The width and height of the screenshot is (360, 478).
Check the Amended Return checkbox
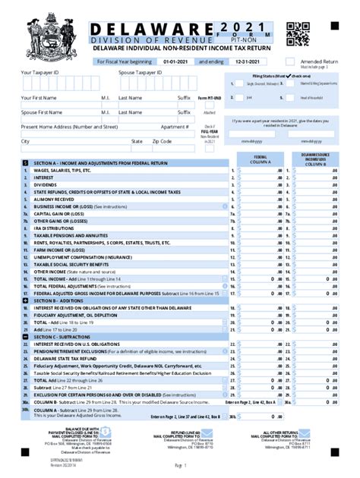point(290,61)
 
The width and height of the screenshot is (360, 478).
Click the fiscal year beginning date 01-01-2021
point(174,60)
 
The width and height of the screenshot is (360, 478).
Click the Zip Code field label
point(162,141)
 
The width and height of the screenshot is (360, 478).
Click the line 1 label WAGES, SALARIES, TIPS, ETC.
point(62,171)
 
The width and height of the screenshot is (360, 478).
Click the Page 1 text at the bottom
point(180,464)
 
